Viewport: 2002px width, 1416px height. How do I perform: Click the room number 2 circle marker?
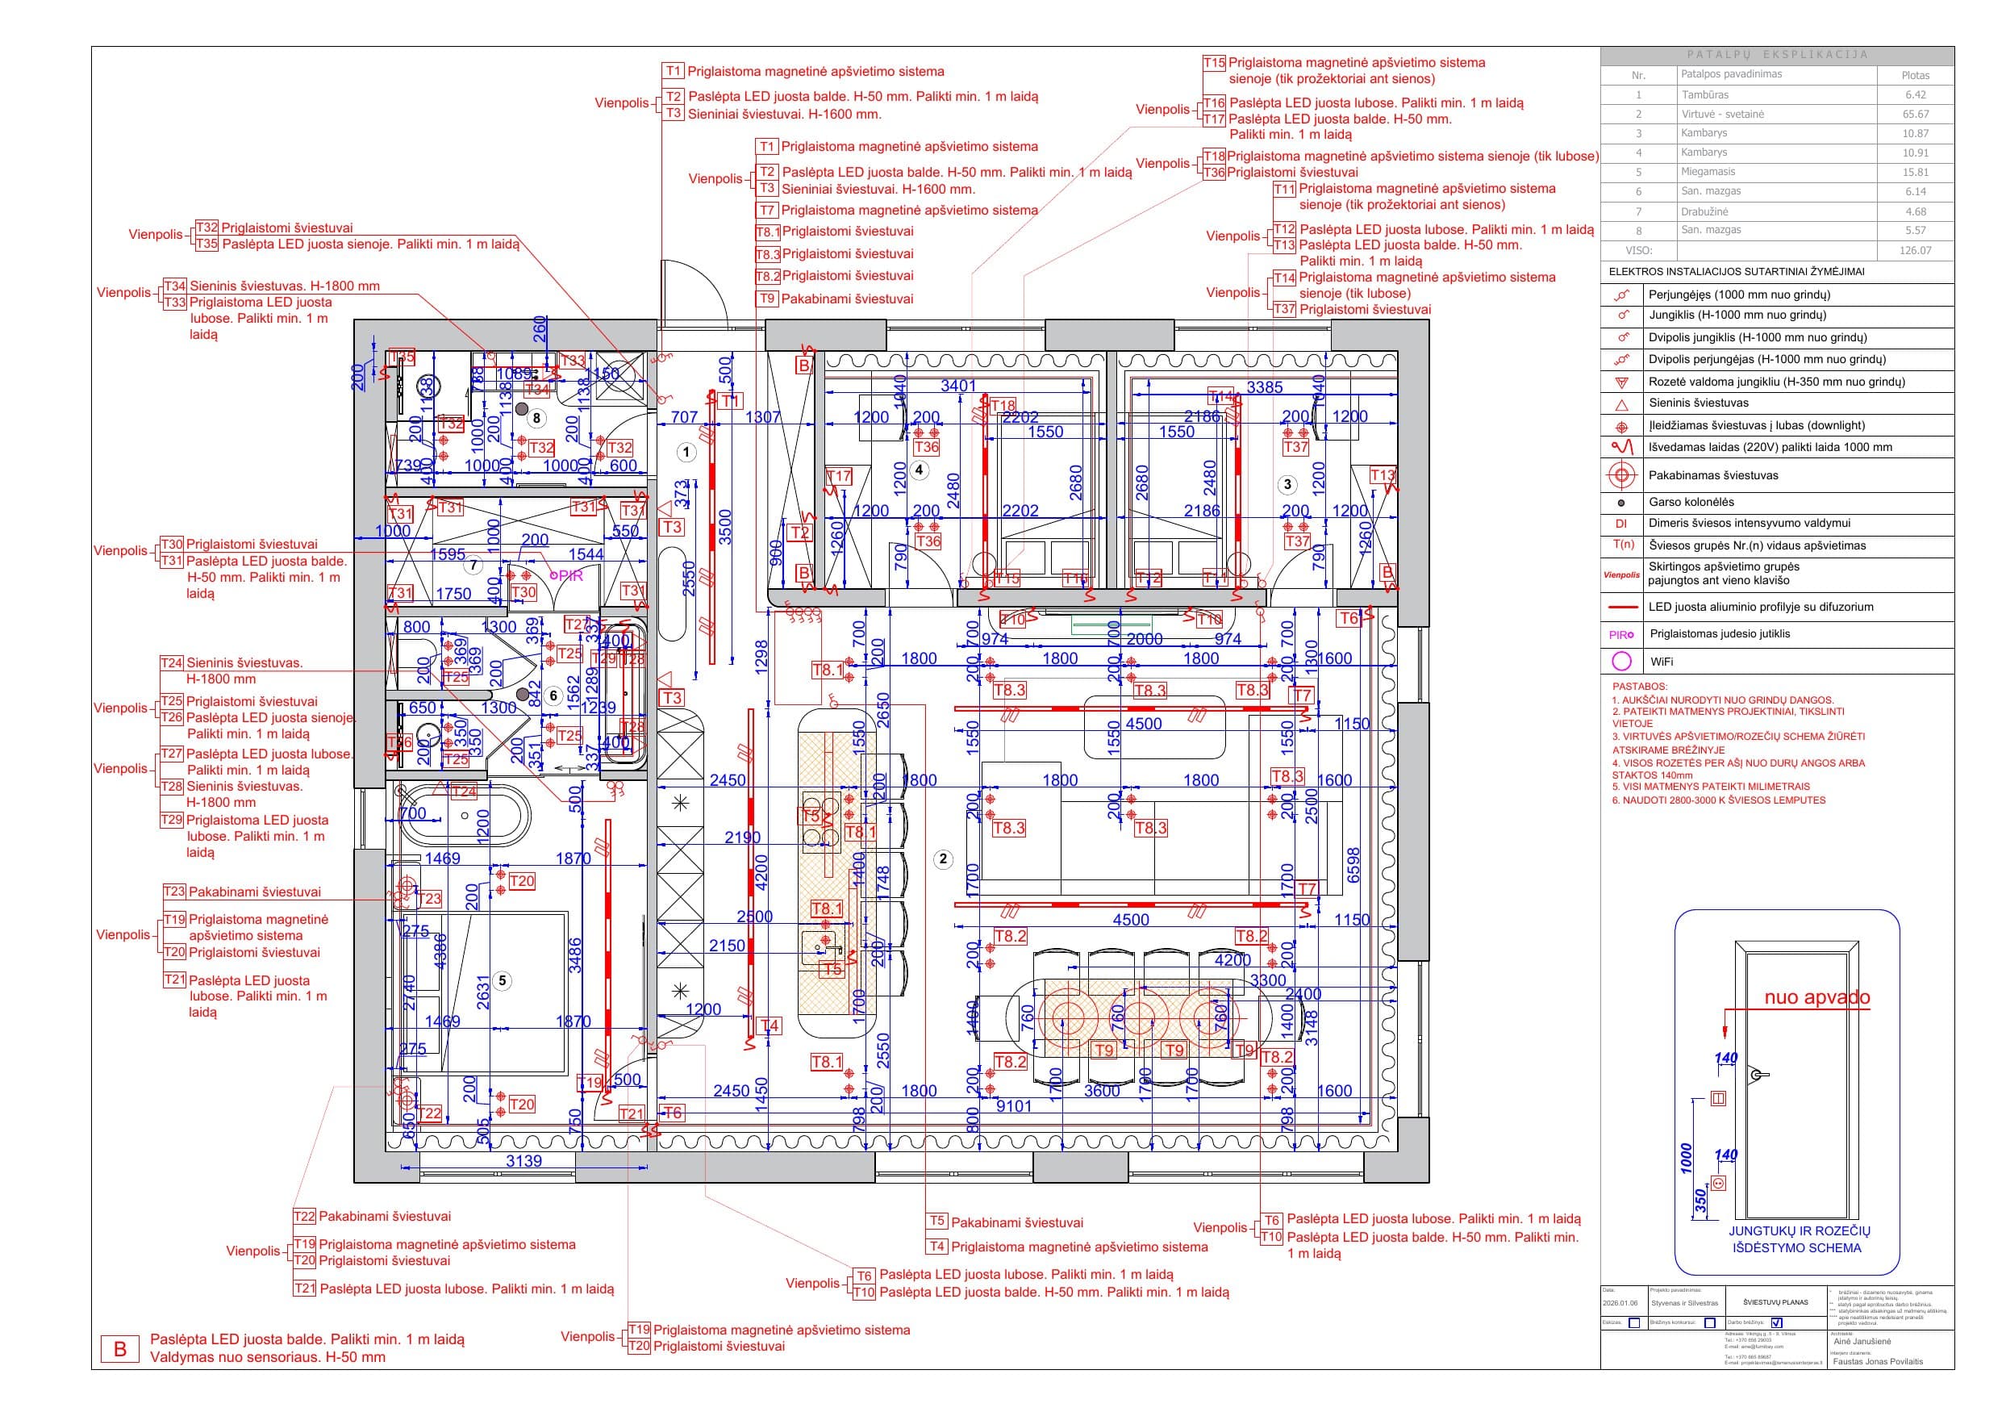pyautogui.click(x=943, y=858)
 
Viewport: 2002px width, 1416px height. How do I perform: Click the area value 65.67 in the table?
pyautogui.click(x=1915, y=115)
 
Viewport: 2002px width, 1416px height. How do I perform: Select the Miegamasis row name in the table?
pyautogui.click(x=1708, y=172)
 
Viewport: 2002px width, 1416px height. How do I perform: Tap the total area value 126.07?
pyautogui.click(x=1915, y=250)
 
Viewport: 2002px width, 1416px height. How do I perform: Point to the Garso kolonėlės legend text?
pyautogui.click(x=1691, y=502)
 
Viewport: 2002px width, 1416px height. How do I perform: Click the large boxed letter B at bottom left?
pyautogui.click(x=120, y=1348)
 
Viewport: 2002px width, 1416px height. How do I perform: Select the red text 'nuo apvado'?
pyautogui.click(x=1817, y=997)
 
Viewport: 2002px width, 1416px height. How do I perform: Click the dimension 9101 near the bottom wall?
pyautogui.click(x=1013, y=1106)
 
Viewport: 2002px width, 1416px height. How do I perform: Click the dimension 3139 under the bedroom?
pyautogui.click(x=523, y=1161)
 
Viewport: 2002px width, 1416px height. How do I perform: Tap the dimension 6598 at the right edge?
pyautogui.click(x=1354, y=865)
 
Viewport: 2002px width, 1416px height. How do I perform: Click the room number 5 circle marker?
pyautogui.click(x=502, y=980)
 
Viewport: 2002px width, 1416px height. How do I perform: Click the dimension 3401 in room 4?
pyautogui.click(x=958, y=386)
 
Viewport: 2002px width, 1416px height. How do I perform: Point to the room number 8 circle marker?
pyautogui.click(x=536, y=418)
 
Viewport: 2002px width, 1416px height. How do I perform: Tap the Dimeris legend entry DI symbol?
pyautogui.click(x=1621, y=524)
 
